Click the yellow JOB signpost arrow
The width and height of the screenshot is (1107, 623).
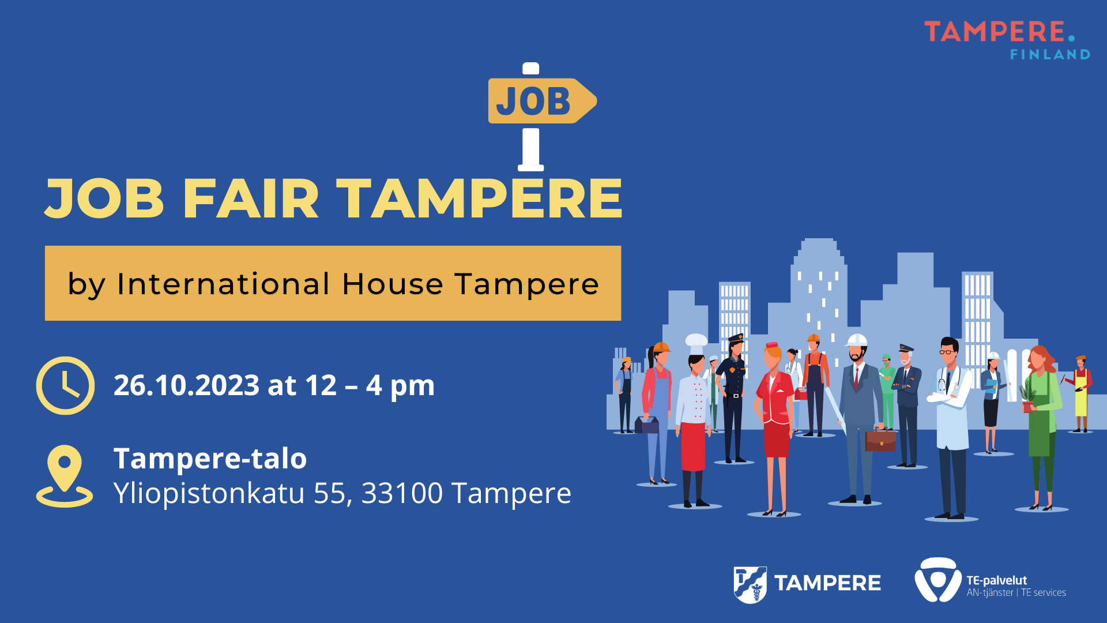[542, 101]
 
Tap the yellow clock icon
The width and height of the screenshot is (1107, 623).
[65, 385]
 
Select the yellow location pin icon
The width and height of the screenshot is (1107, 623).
[65, 476]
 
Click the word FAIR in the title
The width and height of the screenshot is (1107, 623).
[251, 198]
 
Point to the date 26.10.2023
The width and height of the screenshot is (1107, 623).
[186, 385]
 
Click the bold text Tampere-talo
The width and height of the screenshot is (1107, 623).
[210, 459]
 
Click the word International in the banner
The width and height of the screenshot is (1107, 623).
[223, 284]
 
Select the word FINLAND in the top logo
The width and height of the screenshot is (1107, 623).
[1050, 54]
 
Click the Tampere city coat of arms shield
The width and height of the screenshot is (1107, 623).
[750, 585]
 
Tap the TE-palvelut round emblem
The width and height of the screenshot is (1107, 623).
[938, 580]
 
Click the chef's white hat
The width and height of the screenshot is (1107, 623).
[696, 344]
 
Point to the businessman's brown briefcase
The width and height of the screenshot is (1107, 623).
[880, 439]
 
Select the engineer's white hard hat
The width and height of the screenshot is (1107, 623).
[857, 340]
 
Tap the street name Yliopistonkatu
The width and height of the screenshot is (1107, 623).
[209, 494]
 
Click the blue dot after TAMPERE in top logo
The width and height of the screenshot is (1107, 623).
[1071, 38]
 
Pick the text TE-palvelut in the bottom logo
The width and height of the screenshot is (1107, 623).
[997, 580]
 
